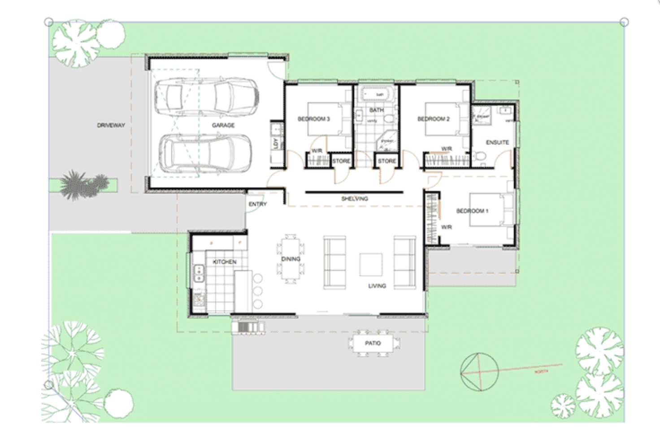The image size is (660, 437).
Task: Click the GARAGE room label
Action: [223, 125]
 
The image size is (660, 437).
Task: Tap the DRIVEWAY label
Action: [111, 125]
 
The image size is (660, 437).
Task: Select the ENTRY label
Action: [257, 204]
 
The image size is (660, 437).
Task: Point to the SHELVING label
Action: [354, 198]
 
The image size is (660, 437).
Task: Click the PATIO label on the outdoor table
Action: [373, 343]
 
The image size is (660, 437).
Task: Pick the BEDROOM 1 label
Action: [472, 211]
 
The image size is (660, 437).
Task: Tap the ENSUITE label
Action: [497, 142]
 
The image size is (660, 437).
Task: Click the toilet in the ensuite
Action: [480, 157]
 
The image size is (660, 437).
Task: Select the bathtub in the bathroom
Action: [376, 95]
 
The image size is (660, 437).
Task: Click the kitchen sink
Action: [198, 273]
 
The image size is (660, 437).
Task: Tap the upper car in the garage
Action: [206, 95]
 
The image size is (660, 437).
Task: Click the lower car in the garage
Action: [205, 154]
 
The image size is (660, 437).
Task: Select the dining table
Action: [291, 259]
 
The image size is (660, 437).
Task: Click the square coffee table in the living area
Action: [371, 265]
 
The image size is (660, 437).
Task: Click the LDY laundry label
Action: [276, 143]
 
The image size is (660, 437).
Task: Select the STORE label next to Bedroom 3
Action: [341, 161]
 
